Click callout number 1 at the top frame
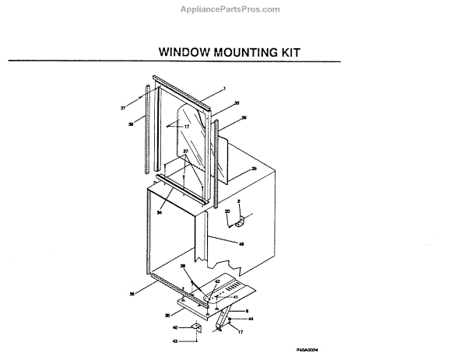pyautogui.click(x=224, y=89)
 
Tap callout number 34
pyautogui.click(x=160, y=211)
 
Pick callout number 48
pyautogui.click(x=241, y=243)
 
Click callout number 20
pyautogui.click(x=228, y=211)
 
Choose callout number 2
pyautogui.click(x=239, y=201)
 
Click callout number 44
pyautogui.click(x=251, y=318)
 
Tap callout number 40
pyautogui.click(x=175, y=327)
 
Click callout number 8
pyautogui.click(x=248, y=310)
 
